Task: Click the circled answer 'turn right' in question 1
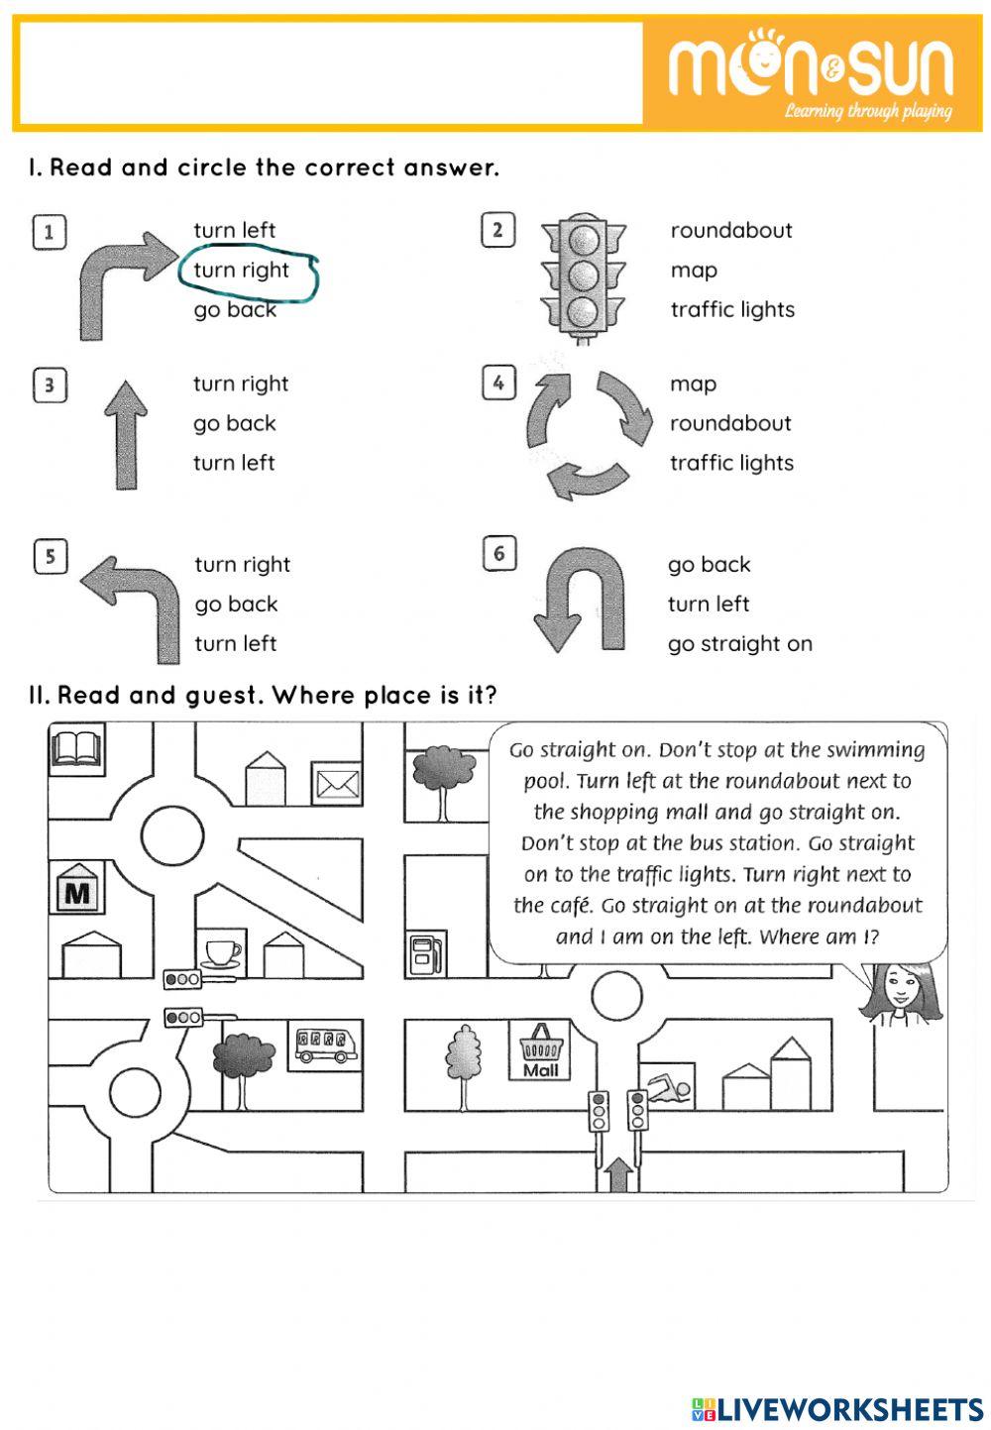click(242, 271)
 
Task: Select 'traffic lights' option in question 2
click(732, 309)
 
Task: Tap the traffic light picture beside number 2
click(585, 278)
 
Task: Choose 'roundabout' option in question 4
click(730, 423)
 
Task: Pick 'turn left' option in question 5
click(235, 643)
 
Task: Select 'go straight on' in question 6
click(739, 644)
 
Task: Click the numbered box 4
click(498, 383)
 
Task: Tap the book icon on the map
click(75, 748)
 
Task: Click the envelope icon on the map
click(337, 784)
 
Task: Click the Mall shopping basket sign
click(540, 1050)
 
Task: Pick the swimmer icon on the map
click(667, 1090)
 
